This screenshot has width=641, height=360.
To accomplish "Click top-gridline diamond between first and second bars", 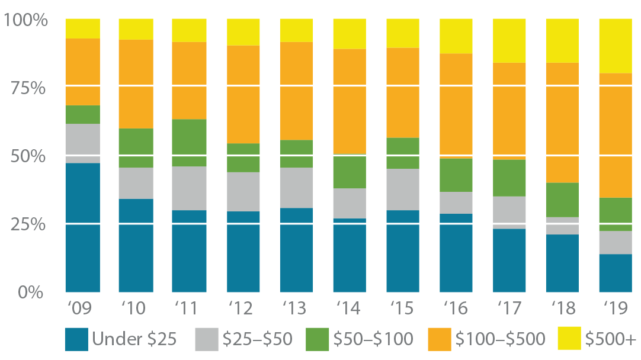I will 109,86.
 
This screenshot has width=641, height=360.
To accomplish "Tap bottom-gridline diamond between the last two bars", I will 589,224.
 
